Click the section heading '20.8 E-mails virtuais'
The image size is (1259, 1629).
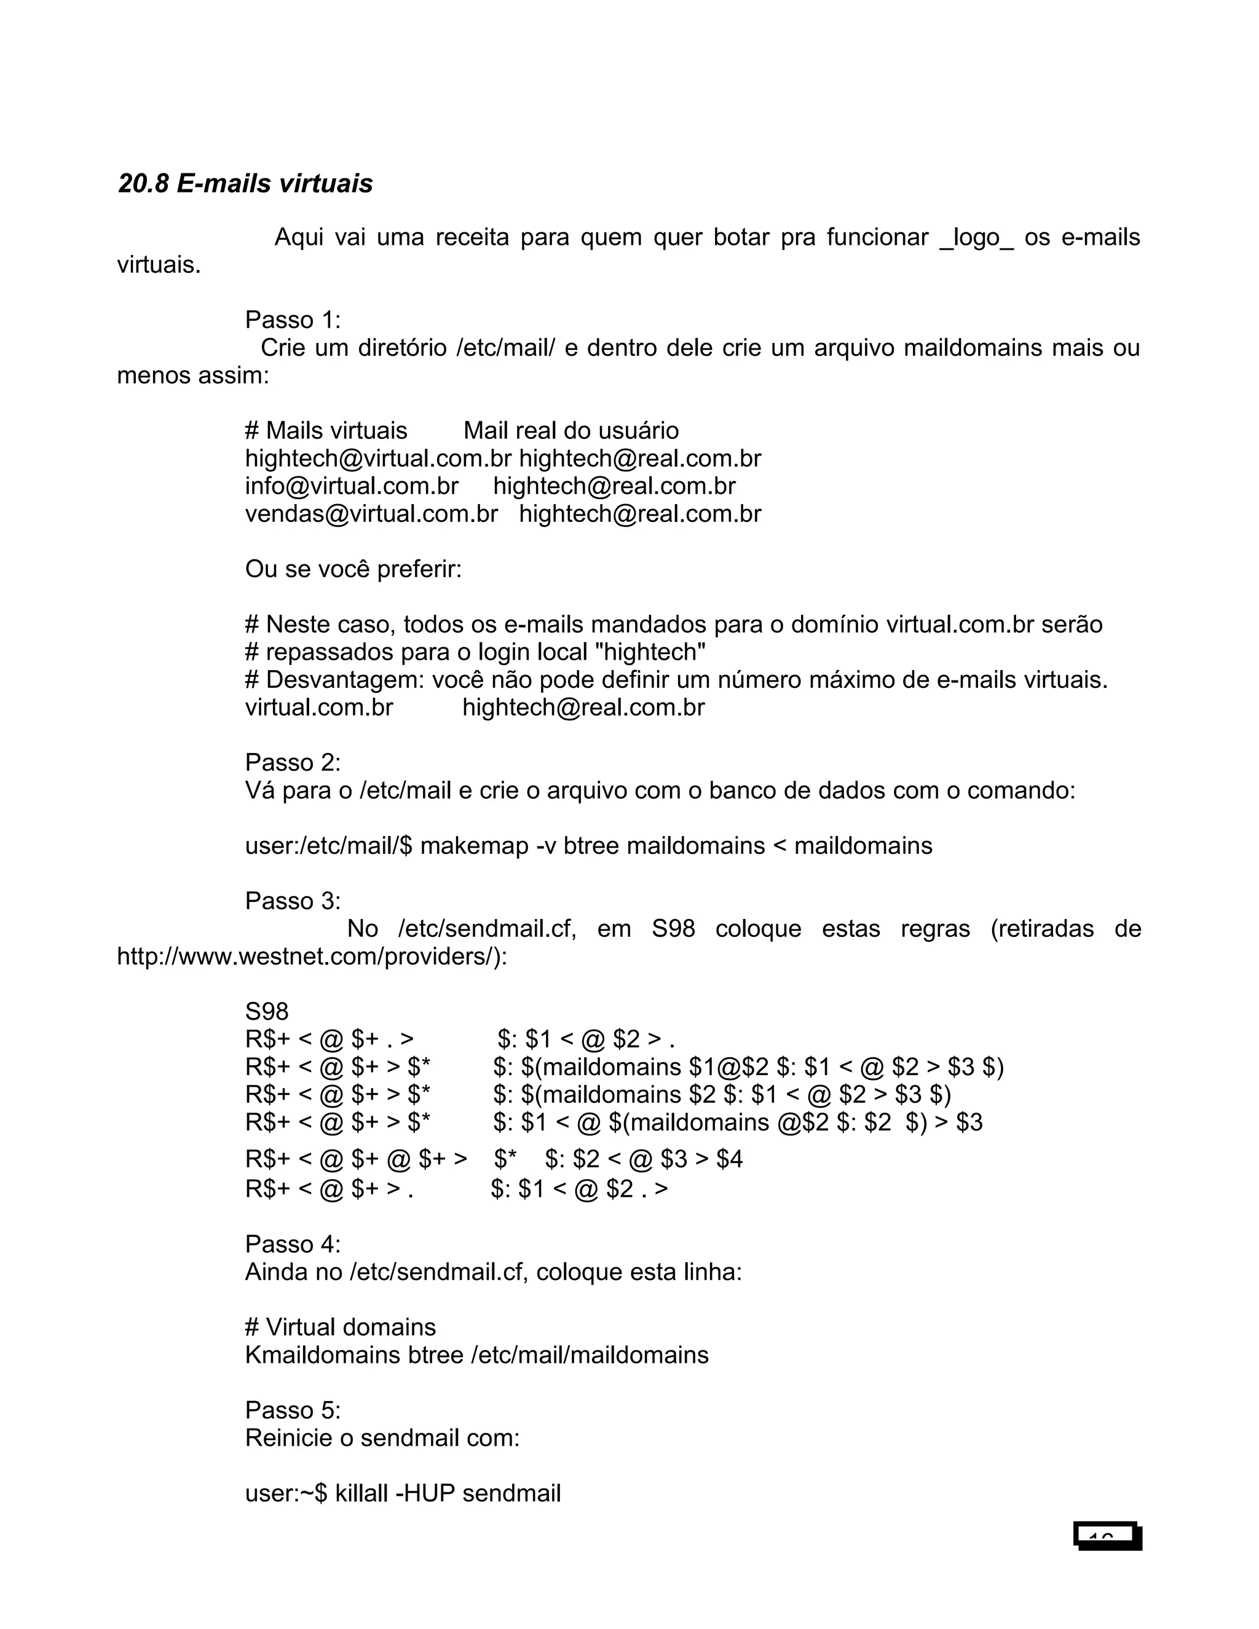(245, 183)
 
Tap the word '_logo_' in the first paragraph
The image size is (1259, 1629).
(976, 238)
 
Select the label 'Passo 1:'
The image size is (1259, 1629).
(293, 320)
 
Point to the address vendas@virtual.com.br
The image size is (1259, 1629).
(371, 514)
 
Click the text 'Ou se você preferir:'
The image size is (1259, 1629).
(353, 570)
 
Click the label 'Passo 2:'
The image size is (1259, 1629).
(293, 762)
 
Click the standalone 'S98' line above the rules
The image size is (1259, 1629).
(266, 1012)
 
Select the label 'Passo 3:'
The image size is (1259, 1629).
(293, 901)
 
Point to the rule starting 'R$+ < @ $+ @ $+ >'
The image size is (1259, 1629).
(356, 1159)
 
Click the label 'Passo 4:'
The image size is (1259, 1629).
(293, 1244)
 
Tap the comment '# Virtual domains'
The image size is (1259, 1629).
(340, 1327)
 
